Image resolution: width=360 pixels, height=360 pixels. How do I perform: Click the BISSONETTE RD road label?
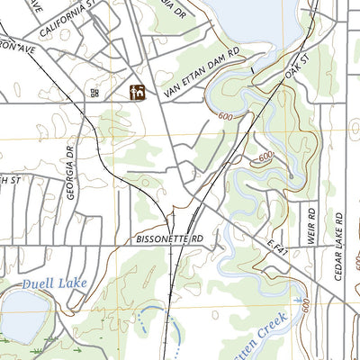click(171, 239)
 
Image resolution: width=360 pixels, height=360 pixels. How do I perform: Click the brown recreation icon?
click(138, 92)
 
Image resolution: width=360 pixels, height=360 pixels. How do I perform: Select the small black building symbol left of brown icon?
click(94, 92)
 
